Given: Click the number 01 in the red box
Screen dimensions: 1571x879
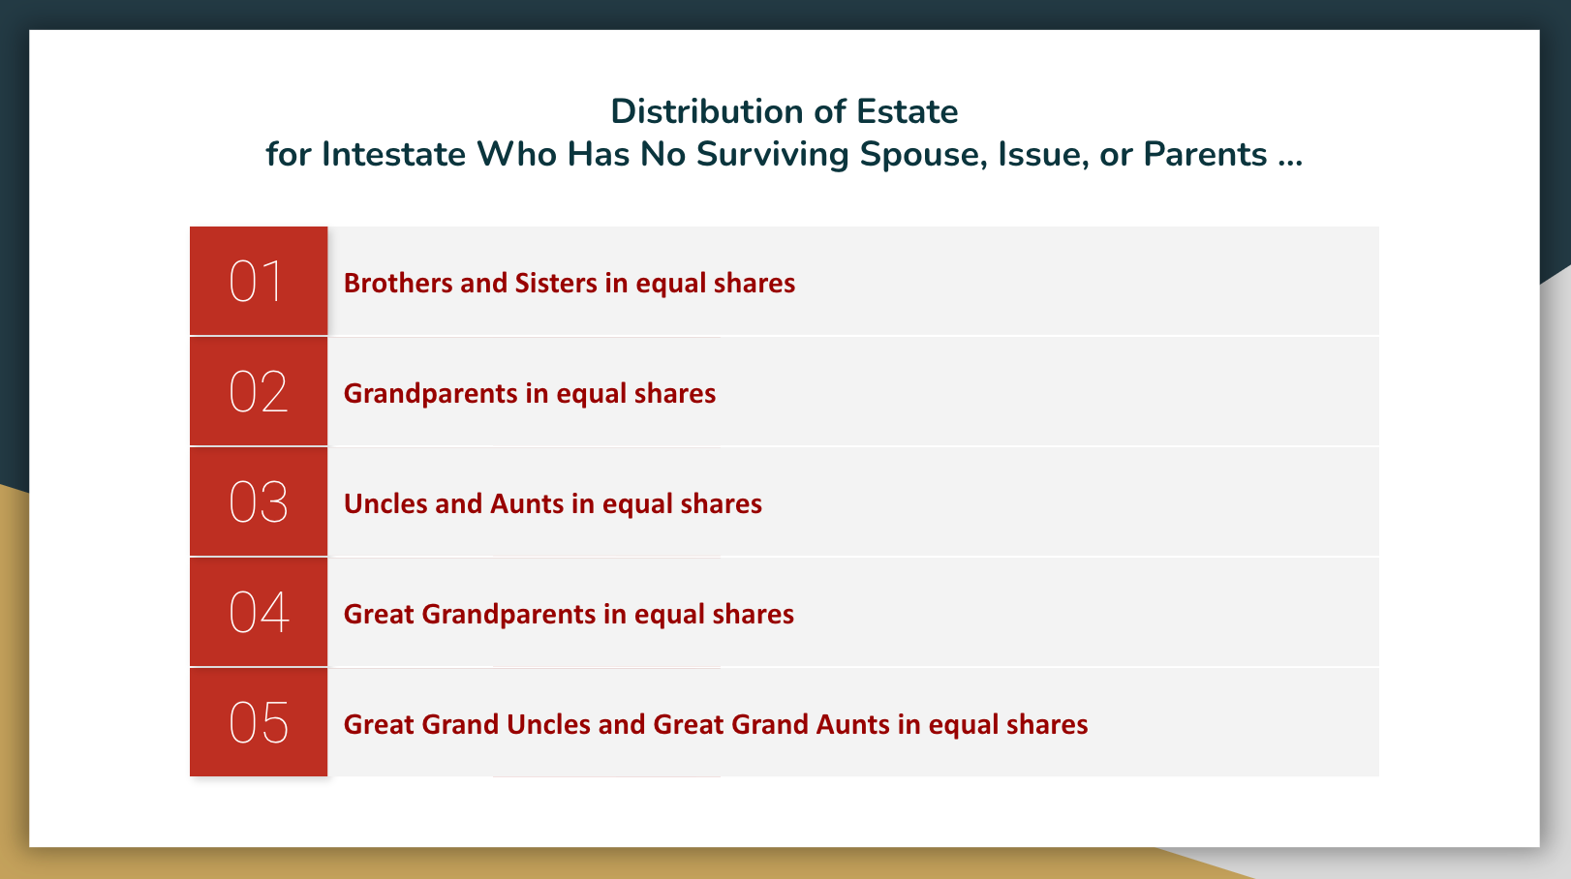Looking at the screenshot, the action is [256, 282].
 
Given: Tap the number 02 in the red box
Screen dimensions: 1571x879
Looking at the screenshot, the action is [258, 392].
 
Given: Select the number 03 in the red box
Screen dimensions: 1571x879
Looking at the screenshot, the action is [258, 501].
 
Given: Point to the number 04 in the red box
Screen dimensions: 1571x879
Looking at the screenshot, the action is [259, 612].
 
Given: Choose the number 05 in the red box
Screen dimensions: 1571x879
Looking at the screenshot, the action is [258, 723].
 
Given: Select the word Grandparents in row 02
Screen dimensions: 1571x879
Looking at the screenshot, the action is [431, 394].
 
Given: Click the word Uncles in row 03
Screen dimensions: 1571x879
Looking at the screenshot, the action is [385, 504].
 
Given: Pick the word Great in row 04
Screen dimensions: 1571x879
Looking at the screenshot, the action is [379, 614].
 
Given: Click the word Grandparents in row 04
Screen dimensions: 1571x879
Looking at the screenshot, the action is [508, 615].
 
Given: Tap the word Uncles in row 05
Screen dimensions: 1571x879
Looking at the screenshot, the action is [548, 725].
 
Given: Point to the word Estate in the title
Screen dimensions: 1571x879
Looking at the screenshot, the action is [907, 111].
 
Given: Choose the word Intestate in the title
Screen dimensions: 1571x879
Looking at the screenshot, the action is [393, 154].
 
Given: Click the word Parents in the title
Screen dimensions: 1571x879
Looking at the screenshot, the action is [1205, 154].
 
